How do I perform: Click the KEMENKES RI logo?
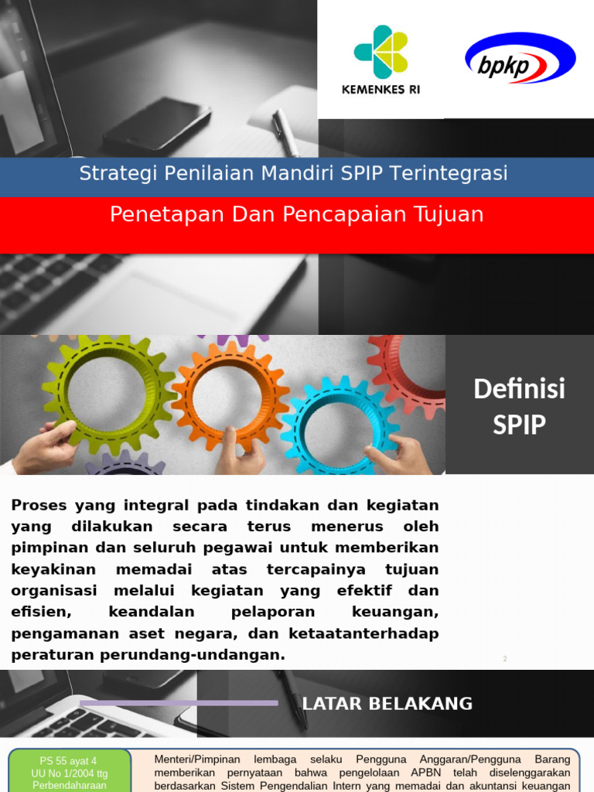[x=381, y=60]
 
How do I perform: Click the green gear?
[x=108, y=394]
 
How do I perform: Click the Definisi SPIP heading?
[x=519, y=406]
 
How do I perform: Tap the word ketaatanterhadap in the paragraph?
[x=359, y=633]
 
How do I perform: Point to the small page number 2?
[x=504, y=658]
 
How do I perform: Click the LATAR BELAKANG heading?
[x=387, y=704]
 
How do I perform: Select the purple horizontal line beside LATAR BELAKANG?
[x=179, y=703]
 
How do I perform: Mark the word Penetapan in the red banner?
[x=159, y=214]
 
